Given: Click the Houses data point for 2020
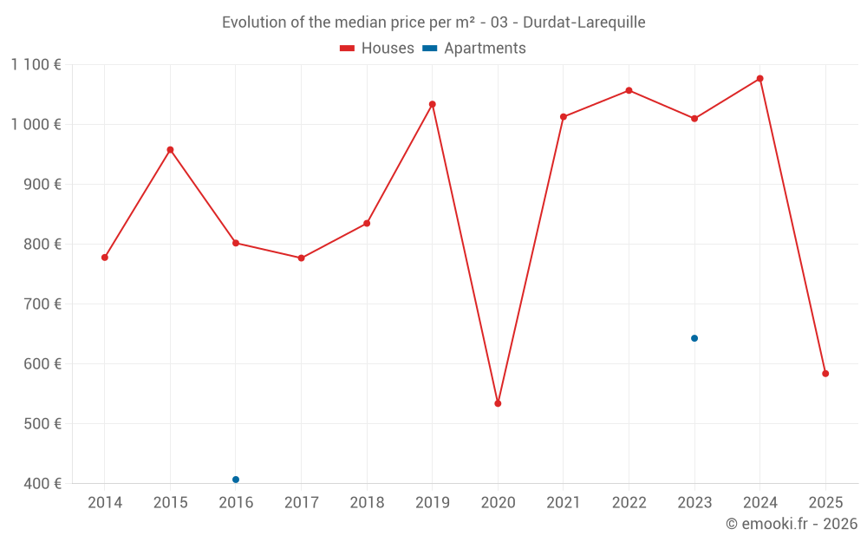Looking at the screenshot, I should click(498, 403).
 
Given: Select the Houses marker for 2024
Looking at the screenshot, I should click(760, 79).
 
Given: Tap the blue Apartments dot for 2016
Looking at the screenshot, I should click(236, 480).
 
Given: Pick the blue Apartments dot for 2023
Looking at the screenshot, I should click(694, 338).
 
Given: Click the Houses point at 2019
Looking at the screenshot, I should click(433, 104).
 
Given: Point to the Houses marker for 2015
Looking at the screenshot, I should click(170, 150).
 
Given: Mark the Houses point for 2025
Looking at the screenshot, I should click(825, 374).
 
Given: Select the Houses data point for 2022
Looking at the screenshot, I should click(629, 90).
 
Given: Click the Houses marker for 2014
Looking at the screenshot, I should click(105, 258).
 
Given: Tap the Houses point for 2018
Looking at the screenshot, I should click(367, 224).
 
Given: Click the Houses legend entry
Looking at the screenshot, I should click(377, 49).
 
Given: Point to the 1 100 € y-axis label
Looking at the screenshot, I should click(36, 64).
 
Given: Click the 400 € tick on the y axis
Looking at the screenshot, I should click(43, 484).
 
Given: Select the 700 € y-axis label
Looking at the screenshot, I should click(43, 304).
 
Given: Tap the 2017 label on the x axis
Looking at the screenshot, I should click(301, 503).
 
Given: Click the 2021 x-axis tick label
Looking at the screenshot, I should click(564, 503).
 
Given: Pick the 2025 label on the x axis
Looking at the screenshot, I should click(825, 503).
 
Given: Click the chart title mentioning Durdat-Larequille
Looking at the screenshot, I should click(433, 23).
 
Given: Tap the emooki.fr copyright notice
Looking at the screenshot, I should click(791, 524).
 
